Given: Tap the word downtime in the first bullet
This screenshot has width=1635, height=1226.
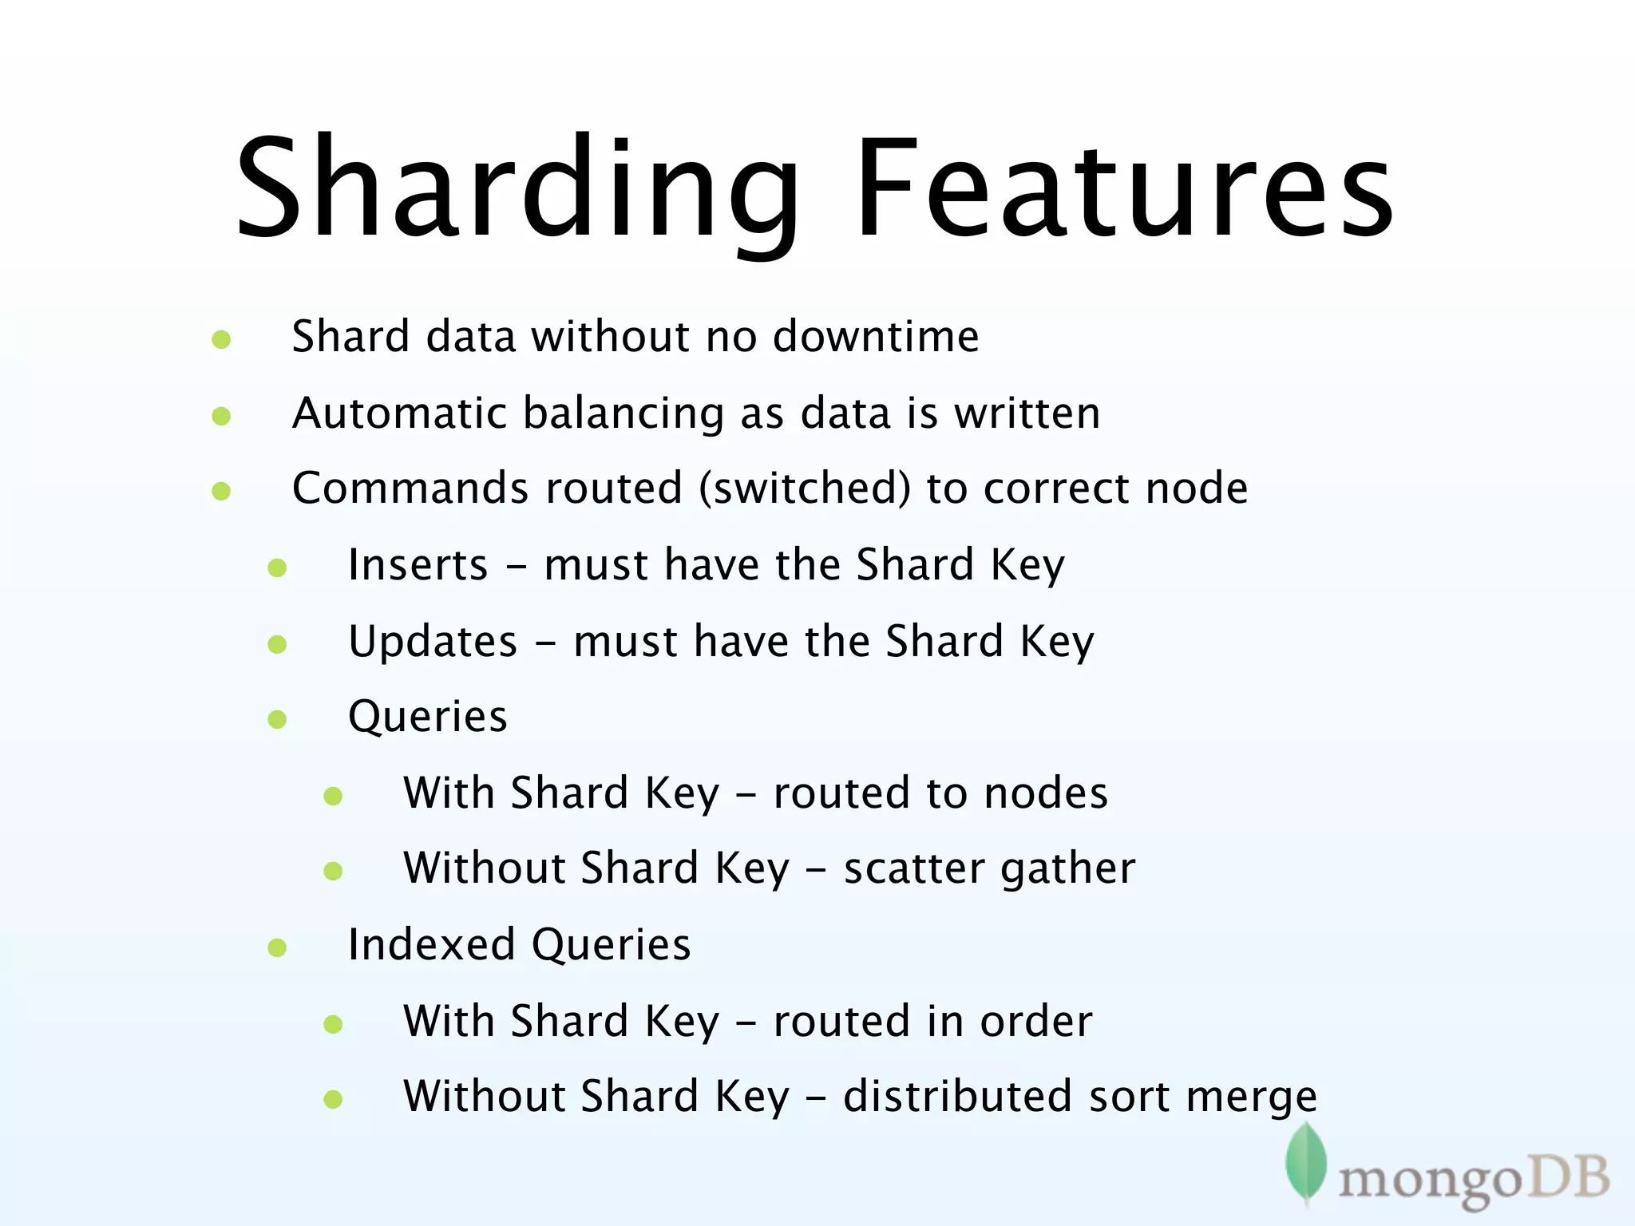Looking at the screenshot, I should [876, 336].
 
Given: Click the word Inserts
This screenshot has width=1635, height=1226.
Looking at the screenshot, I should [418, 565].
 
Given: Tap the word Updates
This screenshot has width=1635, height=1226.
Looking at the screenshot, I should [433, 642].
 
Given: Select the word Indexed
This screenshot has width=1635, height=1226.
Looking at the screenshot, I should [432, 945].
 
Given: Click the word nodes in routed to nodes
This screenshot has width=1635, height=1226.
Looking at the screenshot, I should [1046, 793].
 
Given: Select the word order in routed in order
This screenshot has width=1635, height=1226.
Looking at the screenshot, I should [1036, 1021].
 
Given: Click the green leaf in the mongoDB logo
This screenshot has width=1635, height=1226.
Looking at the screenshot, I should [1305, 1161].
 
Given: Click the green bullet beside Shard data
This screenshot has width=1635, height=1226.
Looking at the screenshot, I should [221, 340].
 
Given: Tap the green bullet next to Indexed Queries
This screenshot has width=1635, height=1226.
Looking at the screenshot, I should [277, 948].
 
